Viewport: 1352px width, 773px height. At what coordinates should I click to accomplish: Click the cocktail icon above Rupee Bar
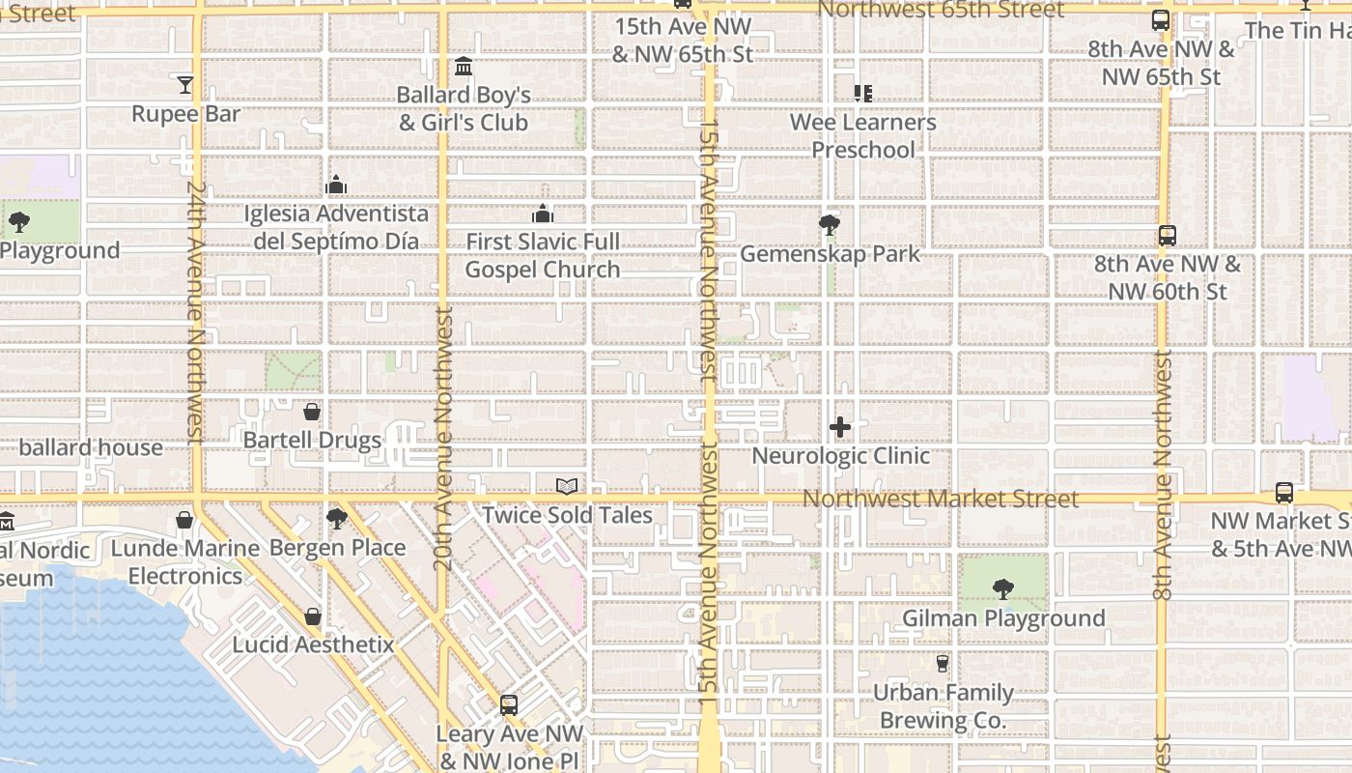coord(185,85)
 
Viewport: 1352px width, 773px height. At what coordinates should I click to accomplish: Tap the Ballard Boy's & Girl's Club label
coord(464,109)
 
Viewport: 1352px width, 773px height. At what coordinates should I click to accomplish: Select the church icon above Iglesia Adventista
coord(336,185)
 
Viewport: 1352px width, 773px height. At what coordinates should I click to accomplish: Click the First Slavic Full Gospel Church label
coord(543,256)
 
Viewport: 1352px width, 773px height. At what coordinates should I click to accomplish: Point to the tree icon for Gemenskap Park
coord(829,225)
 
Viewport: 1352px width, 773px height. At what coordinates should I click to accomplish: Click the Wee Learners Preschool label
coord(863,136)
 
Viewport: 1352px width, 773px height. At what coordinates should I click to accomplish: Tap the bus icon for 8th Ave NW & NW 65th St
coord(1161,20)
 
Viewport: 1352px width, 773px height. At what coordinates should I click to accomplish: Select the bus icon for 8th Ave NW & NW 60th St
coord(1167,236)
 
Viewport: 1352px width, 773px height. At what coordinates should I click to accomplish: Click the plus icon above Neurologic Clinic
coord(840,427)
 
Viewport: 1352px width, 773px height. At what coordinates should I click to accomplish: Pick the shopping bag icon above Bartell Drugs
coord(312,413)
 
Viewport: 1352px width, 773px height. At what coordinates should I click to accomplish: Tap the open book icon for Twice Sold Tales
coord(567,487)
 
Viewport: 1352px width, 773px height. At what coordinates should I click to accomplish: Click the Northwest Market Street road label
coord(941,500)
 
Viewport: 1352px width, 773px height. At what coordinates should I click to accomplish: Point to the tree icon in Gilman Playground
coord(1003,588)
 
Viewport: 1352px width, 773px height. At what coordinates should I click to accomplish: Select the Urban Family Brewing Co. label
coord(943,706)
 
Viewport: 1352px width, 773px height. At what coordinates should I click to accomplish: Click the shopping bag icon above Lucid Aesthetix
coord(313,616)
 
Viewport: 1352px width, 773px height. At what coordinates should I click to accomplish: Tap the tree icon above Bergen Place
coord(337,519)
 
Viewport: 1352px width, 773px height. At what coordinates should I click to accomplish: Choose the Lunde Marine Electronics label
coord(185,562)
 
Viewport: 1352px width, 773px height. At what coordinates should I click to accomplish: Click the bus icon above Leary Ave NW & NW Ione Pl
coord(509,706)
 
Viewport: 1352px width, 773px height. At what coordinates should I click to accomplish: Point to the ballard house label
coord(91,447)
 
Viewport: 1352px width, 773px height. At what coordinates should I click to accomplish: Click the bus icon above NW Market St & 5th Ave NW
coord(1283,493)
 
